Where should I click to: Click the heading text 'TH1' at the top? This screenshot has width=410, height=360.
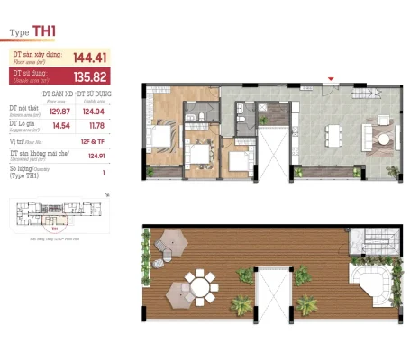pyautogui.click(x=44, y=31)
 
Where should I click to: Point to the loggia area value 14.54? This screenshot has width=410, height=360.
pyautogui.click(x=59, y=127)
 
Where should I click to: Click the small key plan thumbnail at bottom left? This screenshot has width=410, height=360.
pyautogui.click(x=57, y=215)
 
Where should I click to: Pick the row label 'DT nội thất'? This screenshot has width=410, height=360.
pyautogui.click(x=24, y=110)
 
